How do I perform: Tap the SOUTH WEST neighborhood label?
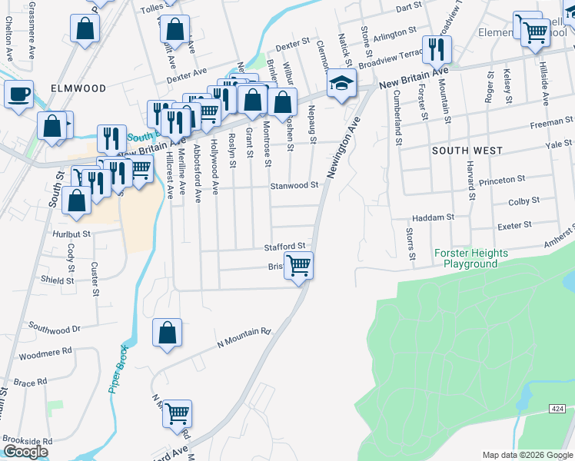467,151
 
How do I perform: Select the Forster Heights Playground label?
471,258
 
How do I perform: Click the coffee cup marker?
19,95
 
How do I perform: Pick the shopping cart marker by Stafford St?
298,266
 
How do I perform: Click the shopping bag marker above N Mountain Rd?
167,333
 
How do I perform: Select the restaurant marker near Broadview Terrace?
436,49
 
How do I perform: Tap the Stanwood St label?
294,185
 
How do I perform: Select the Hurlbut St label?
72,233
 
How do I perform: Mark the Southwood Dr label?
55,329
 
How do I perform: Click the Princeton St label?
501,178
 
